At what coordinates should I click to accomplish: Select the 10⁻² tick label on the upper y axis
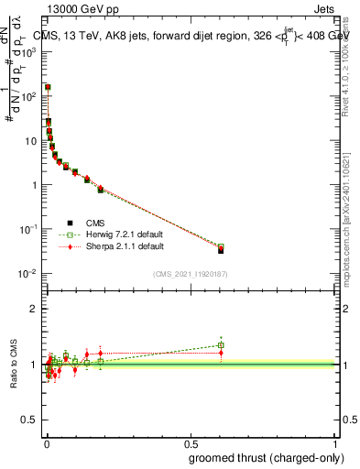tap(28, 274)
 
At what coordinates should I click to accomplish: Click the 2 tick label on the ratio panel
tap(33, 309)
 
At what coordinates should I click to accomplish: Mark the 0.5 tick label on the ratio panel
tap(30, 420)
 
